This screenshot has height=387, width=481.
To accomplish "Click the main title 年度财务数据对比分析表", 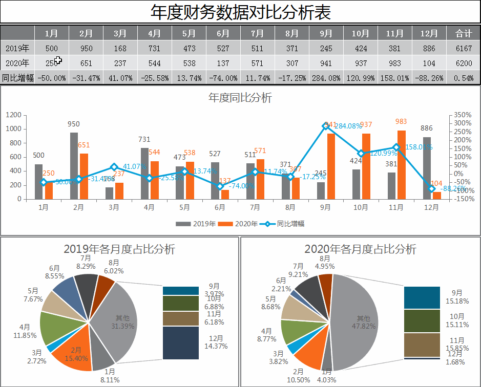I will coord(240,12).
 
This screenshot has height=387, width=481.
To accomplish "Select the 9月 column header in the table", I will coord(326,33).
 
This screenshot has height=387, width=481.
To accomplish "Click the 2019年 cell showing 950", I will coord(86,48).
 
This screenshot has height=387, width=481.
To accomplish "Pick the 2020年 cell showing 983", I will coord(394,63).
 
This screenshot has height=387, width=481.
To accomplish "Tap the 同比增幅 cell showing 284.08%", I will coord(326,78).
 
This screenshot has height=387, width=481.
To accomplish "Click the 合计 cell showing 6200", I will coord(463,63).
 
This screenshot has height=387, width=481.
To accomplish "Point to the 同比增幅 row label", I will coord(17,78).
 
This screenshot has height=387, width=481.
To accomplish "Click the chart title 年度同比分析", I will coord(240,98).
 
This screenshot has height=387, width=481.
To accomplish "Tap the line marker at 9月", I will coord(326,126).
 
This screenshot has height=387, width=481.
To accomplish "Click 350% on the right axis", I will coord(463,115).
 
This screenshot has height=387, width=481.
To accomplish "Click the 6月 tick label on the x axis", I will coord(220,208).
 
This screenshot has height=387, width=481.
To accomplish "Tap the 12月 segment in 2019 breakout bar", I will coord(180,342).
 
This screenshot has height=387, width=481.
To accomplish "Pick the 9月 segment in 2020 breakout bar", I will coord(422,297).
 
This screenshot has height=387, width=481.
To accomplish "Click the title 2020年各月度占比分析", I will coord(360,249).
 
